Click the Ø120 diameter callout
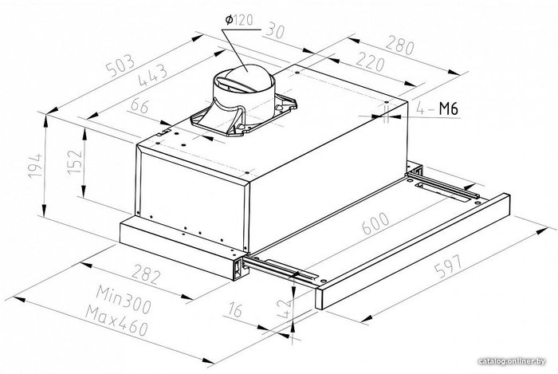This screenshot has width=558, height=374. click(239, 21)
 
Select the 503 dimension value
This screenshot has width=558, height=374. click(122, 65)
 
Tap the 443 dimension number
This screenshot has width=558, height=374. click(153, 75)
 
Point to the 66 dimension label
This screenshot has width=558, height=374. click(139, 106)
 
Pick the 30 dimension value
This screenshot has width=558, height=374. click(275, 30)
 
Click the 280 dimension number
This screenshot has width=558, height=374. click(400, 45)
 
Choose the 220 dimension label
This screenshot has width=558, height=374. click(371, 61)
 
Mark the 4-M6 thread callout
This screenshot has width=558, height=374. click(437, 108)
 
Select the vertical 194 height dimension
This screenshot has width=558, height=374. click(35, 166)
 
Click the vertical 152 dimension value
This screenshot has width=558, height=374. click(75, 162)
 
